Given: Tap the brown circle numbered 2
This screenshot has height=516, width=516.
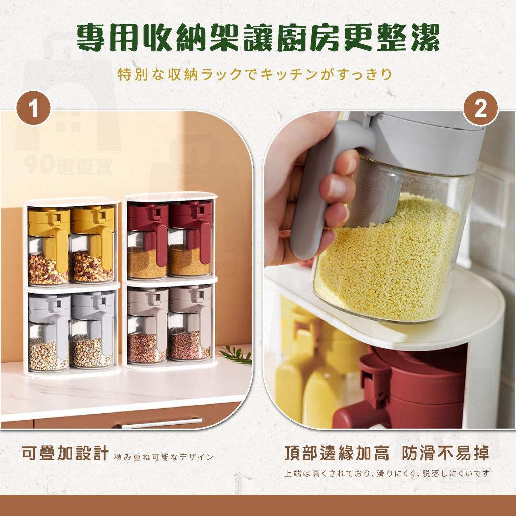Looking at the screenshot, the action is click(480, 108).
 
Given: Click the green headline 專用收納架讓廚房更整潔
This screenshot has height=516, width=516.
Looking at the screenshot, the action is click(258, 38).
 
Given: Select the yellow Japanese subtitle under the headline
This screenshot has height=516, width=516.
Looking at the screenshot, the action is click(255, 74).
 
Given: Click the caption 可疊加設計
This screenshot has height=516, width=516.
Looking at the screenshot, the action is click(65, 453).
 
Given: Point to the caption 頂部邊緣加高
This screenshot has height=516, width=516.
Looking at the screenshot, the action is click(337, 453).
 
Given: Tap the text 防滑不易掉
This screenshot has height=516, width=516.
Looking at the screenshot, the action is click(445, 453).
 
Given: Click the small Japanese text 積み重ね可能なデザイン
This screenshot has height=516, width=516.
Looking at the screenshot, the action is click(164, 457).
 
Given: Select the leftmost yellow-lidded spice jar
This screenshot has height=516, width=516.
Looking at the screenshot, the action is click(49, 245).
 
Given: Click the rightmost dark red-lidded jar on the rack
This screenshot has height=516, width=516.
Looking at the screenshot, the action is click(190, 238).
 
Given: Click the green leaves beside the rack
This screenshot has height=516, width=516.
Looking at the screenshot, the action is click(236, 354).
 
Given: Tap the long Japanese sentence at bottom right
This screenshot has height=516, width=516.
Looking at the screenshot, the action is click(387, 473).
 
